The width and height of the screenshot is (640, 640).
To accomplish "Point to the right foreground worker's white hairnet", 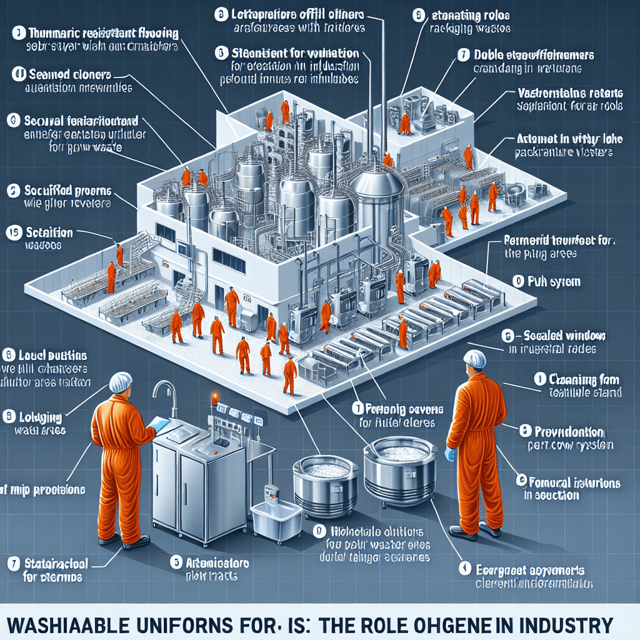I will [476, 359].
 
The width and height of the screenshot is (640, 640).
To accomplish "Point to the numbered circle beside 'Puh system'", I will [517, 282].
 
